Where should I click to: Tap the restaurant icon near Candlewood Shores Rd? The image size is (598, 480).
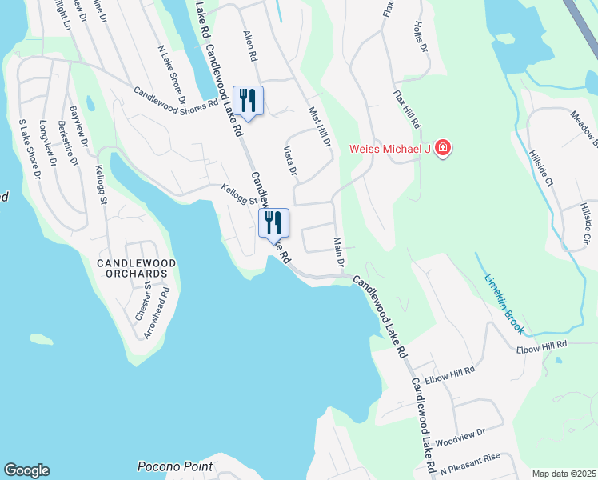coord(247,101)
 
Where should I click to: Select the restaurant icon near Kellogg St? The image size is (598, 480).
coord(273,223)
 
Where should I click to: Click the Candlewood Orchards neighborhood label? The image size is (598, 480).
coord(133,268)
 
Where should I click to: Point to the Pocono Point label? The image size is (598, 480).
coord(175,466)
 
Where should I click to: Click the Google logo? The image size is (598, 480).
coord(26,470)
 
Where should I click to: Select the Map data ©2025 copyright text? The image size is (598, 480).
coord(564,474)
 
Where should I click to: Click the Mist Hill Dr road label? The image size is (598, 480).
coord(320,127)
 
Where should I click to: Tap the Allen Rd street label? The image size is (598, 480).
coord(250,46)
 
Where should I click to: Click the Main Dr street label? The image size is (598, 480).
coord(338,252)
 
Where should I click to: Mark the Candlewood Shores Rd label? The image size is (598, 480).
coord(176,98)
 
